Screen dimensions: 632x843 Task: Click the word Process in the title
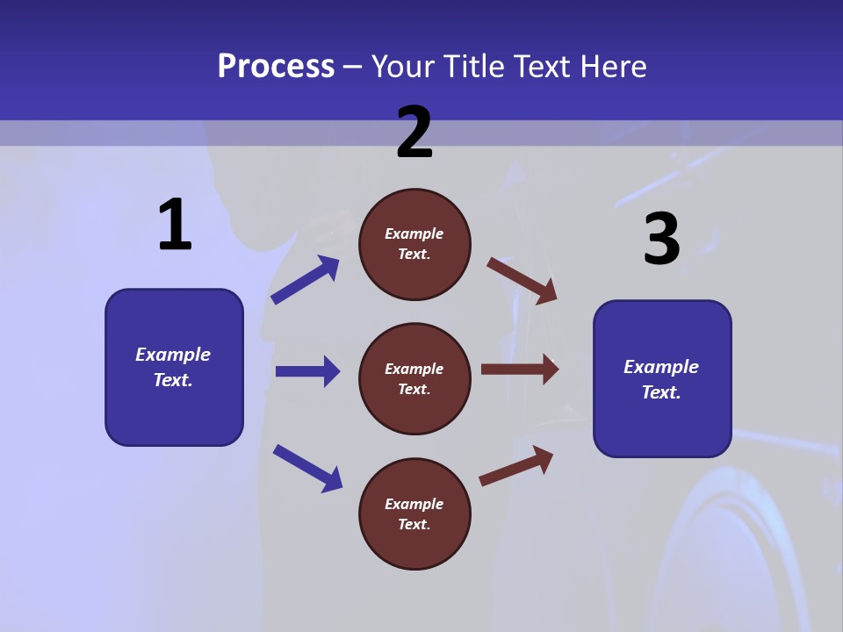point(276,67)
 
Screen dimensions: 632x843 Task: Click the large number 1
point(175,226)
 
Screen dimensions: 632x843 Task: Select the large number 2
point(414,133)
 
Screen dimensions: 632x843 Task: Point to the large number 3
point(661,239)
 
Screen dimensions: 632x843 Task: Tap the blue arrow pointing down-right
point(307,468)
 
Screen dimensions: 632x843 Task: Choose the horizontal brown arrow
point(519,370)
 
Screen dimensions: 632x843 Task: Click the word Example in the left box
point(173,355)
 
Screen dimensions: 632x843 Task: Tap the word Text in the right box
point(660,392)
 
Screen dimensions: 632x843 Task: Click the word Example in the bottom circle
point(414,504)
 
